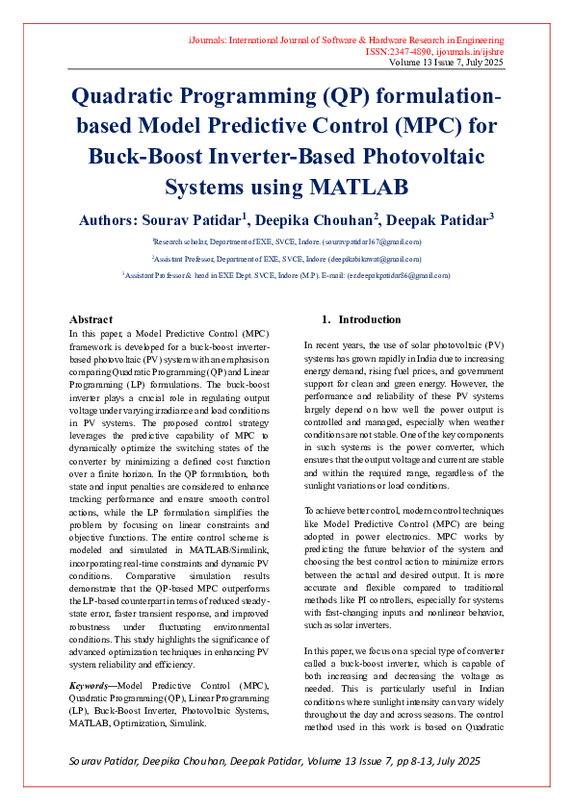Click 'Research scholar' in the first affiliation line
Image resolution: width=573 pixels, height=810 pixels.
[x=179, y=242]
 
